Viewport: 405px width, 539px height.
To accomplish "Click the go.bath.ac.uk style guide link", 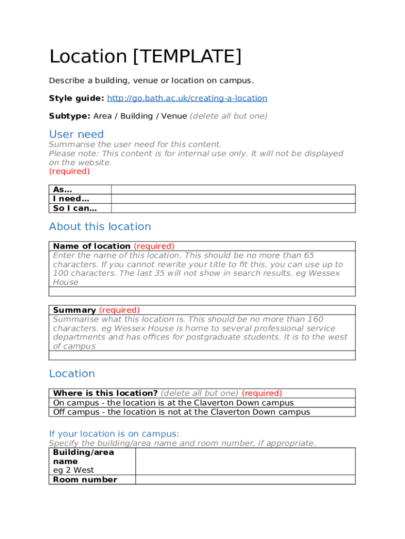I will (187, 98).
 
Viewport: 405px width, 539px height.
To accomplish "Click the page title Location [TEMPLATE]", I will (145, 56).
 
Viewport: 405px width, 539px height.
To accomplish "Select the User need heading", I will (76, 134).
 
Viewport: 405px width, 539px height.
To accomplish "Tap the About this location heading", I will (100, 226).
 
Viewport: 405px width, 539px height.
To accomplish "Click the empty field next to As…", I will (233, 189).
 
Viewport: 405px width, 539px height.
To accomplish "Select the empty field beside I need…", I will (233, 199).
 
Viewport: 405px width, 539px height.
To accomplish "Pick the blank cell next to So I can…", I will (233, 208).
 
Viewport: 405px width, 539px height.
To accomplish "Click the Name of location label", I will (92, 246).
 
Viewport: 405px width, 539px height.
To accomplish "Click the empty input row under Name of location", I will (202, 292).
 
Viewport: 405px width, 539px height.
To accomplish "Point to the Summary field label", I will (74, 310).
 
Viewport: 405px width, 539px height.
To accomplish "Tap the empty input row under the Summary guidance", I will (202, 355).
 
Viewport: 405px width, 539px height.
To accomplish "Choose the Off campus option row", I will (181, 412).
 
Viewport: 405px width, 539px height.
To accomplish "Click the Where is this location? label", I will (105, 393).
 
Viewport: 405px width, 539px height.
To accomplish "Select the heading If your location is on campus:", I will (114, 434).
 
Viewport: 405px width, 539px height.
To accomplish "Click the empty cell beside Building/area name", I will (245, 462).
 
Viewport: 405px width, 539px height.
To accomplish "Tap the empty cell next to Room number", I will (245, 480).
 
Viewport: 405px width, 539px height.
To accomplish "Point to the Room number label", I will (85, 480).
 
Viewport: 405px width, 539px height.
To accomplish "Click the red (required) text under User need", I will (69, 172).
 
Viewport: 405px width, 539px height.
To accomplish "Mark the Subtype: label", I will (69, 116).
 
